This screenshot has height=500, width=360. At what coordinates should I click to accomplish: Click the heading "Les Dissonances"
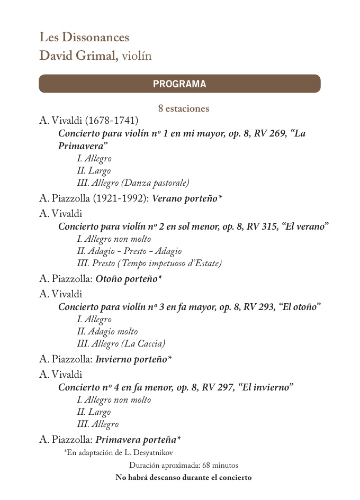click(x=84, y=38)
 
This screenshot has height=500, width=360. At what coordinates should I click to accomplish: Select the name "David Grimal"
click(x=78, y=55)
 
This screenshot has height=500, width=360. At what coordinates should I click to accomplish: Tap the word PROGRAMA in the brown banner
click(x=179, y=84)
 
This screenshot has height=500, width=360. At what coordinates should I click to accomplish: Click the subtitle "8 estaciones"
click(x=184, y=108)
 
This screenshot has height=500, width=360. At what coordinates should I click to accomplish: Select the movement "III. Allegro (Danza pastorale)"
click(x=133, y=183)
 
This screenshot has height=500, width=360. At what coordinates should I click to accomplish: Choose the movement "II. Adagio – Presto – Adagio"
click(x=129, y=251)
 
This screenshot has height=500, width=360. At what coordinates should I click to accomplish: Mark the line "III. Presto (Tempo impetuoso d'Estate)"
click(x=149, y=263)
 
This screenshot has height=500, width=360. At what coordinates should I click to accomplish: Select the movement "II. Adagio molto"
click(x=107, y=331)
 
